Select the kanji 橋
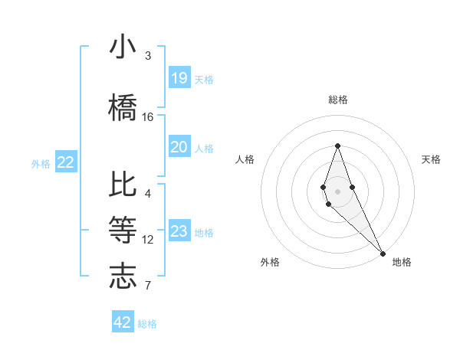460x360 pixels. point(123,107)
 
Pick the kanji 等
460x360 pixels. point(123,230)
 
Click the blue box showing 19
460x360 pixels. point(179,78)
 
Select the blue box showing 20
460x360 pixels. point(179,147)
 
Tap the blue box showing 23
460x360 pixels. point(179,231)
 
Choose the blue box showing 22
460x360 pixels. point(66,162)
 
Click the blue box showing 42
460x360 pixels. point(123,322)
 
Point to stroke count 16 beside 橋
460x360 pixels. point(148,116)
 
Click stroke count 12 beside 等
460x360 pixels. point(148,239)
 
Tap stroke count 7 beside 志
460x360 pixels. point(148,286)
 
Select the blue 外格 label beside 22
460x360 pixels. point(41,163)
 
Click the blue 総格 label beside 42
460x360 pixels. point(147,324)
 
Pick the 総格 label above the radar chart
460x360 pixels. point(337,100)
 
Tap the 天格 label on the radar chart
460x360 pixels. point(432,159)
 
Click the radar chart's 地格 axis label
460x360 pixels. point(402,262)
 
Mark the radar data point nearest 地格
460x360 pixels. point(383,253)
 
